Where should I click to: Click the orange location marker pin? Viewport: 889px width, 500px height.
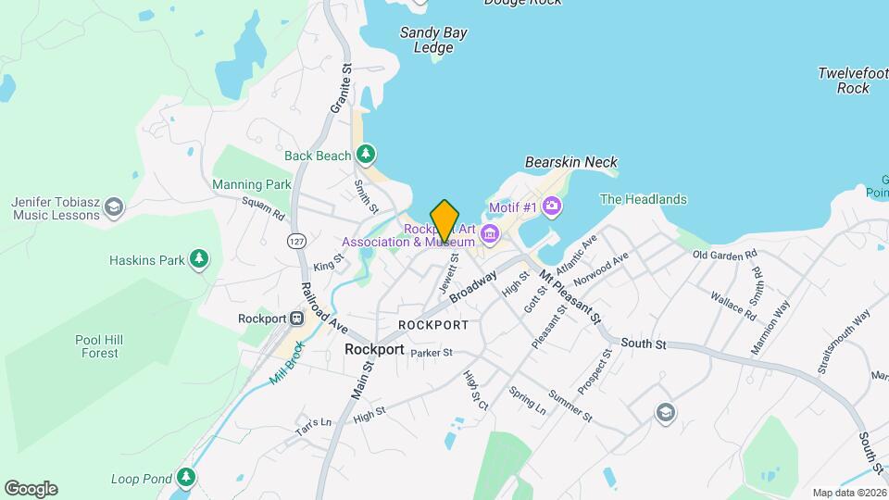tap(444, 220)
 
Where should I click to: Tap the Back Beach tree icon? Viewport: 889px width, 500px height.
tap(368, 153)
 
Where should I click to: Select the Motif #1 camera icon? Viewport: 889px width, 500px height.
tap(552, 206)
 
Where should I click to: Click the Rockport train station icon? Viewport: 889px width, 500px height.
tap(297, 319)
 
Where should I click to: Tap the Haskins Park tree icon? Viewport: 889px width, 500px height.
tap(198, 259)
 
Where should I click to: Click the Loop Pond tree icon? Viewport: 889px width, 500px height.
tap(187, 478)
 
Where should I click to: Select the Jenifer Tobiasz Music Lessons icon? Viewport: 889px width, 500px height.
tap(114, 206)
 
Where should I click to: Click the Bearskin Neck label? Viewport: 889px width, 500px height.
tap(570, 162)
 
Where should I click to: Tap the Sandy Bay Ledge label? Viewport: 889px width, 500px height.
tap(432, 40)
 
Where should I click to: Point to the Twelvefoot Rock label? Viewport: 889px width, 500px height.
tap(853, 81)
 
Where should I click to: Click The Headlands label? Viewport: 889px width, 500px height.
tap(644, 199)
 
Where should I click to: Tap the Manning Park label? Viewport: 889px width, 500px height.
tap(251, 184)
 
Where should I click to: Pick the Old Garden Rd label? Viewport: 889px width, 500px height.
tap(724, 254)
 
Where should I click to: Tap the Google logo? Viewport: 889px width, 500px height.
tap(31, 488)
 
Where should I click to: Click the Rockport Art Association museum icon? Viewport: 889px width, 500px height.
tap(490, 231)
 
